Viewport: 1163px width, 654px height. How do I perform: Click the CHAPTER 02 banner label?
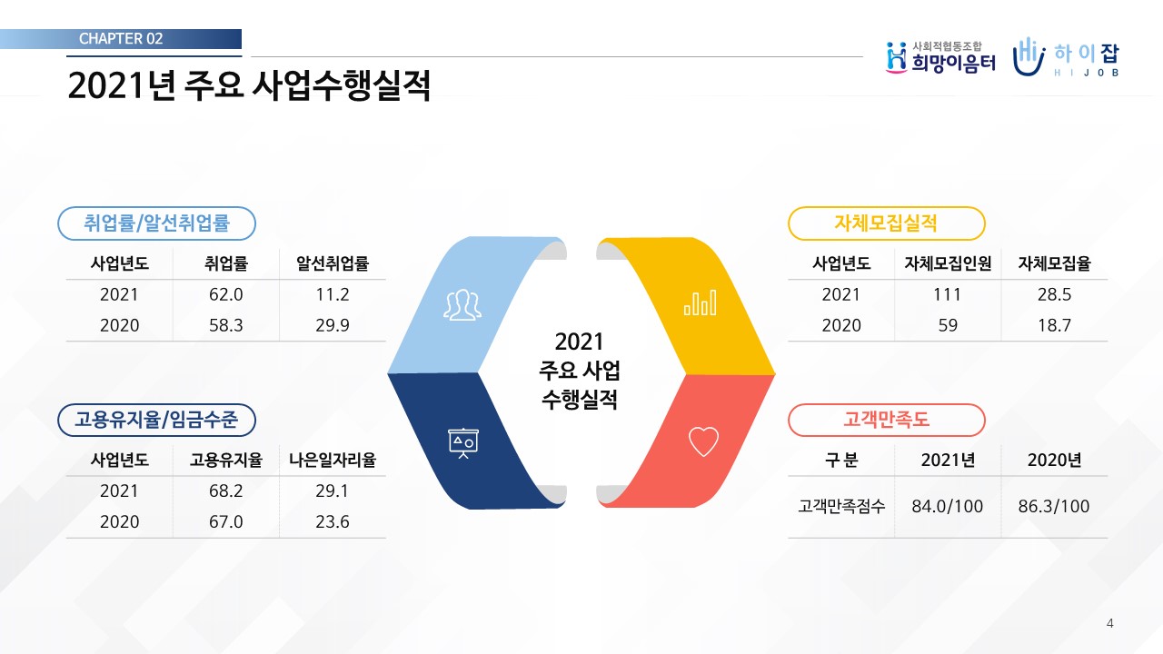[x=121, y=38]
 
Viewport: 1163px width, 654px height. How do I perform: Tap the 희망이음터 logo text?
[x=954, y=64]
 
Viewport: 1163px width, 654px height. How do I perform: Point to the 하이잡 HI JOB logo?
[x=1066, y=57]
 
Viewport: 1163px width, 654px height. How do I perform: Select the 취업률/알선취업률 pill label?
[x=156, y=223]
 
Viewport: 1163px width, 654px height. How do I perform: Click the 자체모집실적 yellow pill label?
[x=886, y=223]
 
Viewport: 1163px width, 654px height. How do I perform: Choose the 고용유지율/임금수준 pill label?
[x=156, y=420]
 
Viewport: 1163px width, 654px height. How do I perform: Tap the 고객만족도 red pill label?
[x=886, y=420]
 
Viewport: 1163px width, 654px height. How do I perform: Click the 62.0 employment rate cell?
[x=226, y=294]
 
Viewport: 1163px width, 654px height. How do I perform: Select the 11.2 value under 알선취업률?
[x=333, y=294]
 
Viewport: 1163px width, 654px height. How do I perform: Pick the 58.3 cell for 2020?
[x=226, y=325]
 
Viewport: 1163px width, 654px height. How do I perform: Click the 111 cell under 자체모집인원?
[x=948, y=294]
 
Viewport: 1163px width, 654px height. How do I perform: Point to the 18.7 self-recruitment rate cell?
[x=1055, y=325]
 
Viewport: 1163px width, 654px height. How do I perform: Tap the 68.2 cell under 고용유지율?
[x=226, y=490]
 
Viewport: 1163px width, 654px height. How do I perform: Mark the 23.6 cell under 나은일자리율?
[x=333, y=521]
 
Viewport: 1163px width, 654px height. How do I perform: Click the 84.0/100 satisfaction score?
[x=948, y=506]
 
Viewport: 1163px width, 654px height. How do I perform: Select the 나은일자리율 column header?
[x=333, y=460]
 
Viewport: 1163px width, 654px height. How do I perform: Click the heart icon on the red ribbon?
[x=703, y=441]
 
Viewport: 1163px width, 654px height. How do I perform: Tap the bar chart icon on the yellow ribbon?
[x=701, y=302]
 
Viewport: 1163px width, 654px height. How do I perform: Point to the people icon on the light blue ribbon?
[x=462, y=304]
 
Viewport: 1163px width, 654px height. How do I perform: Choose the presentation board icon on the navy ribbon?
[x=463, y=443]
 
